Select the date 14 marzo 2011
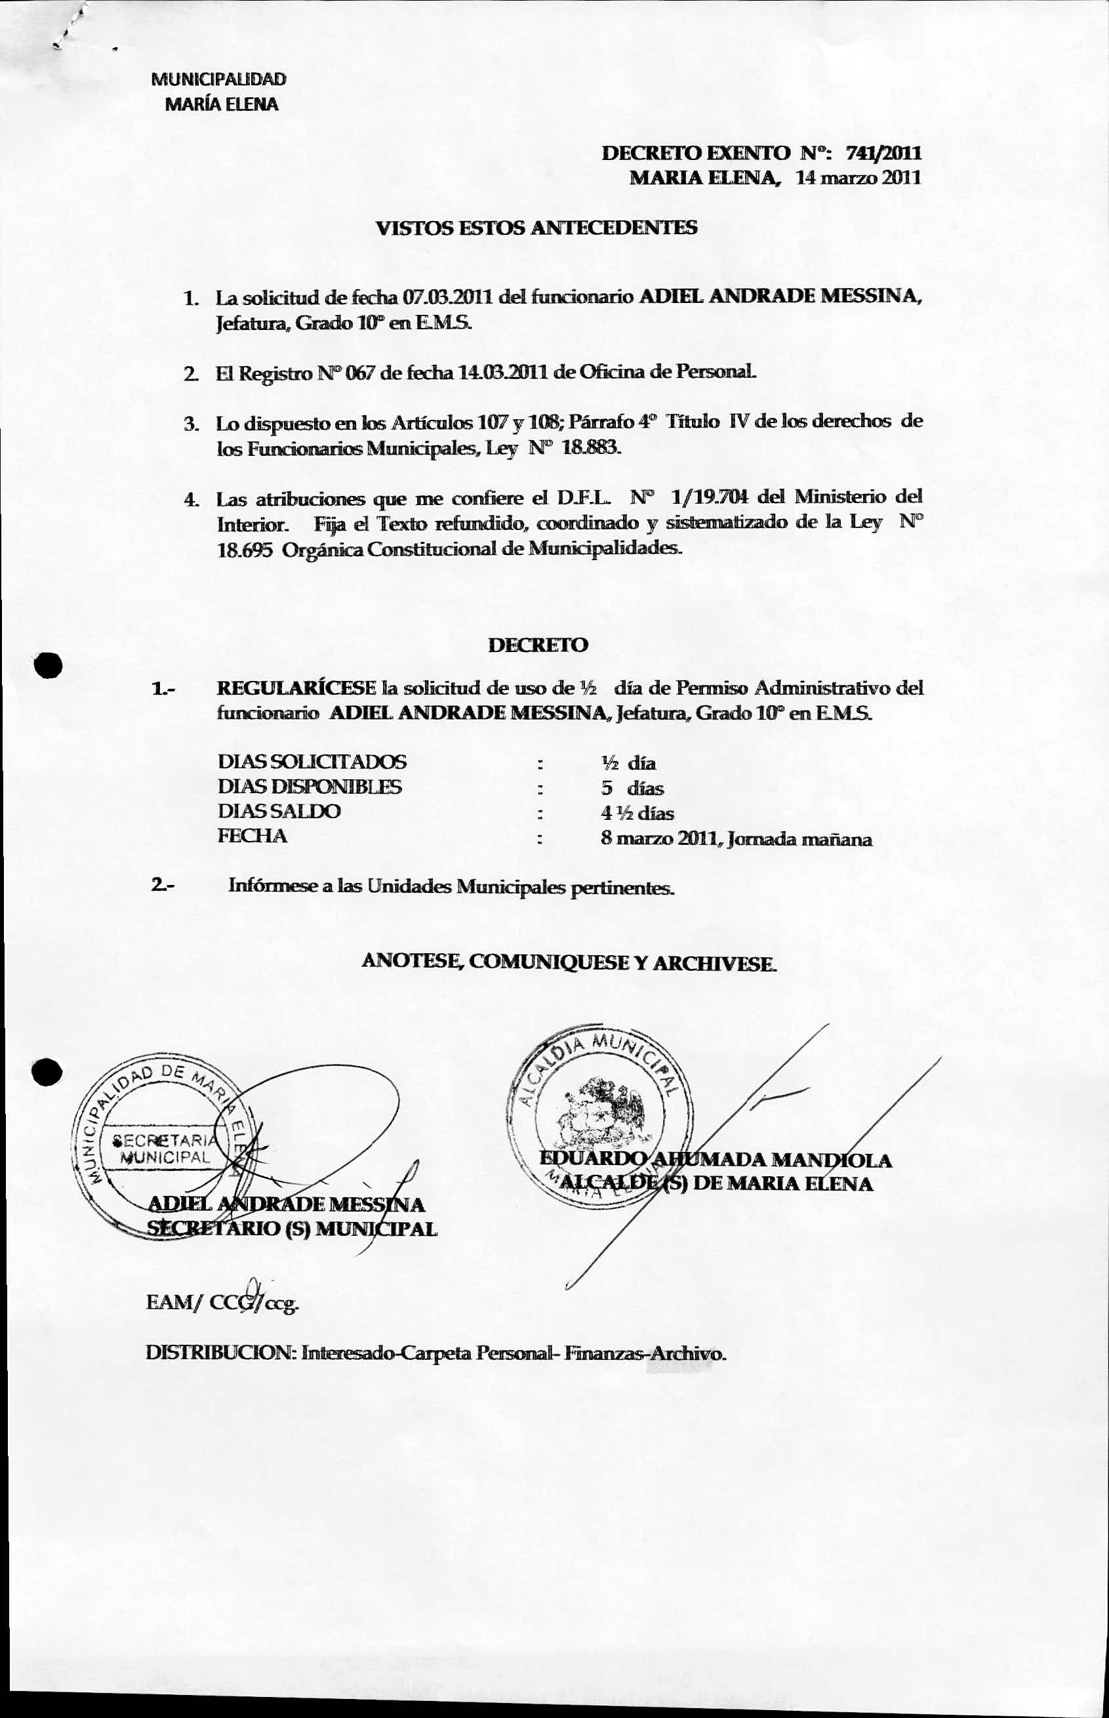click(858, 177)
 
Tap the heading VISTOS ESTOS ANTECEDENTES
click(536, 228)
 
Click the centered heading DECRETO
click(538, 645)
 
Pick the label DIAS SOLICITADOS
click(312, 762)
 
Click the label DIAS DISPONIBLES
click(310, 787)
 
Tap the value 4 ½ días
click(637, 813)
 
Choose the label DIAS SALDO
click(279, 811)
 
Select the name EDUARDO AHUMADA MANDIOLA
click(715, 1160)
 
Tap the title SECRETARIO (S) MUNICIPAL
click(291, 1229)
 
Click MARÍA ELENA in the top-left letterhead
click(221, 104)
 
